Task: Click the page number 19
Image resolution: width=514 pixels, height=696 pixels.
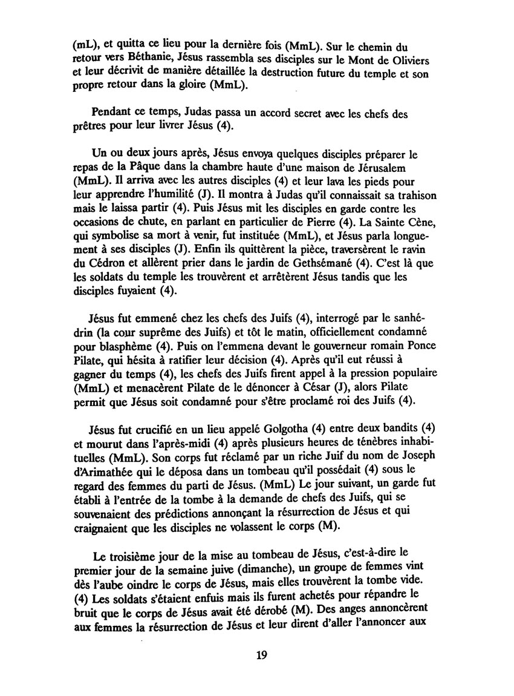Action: coord(261,654)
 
